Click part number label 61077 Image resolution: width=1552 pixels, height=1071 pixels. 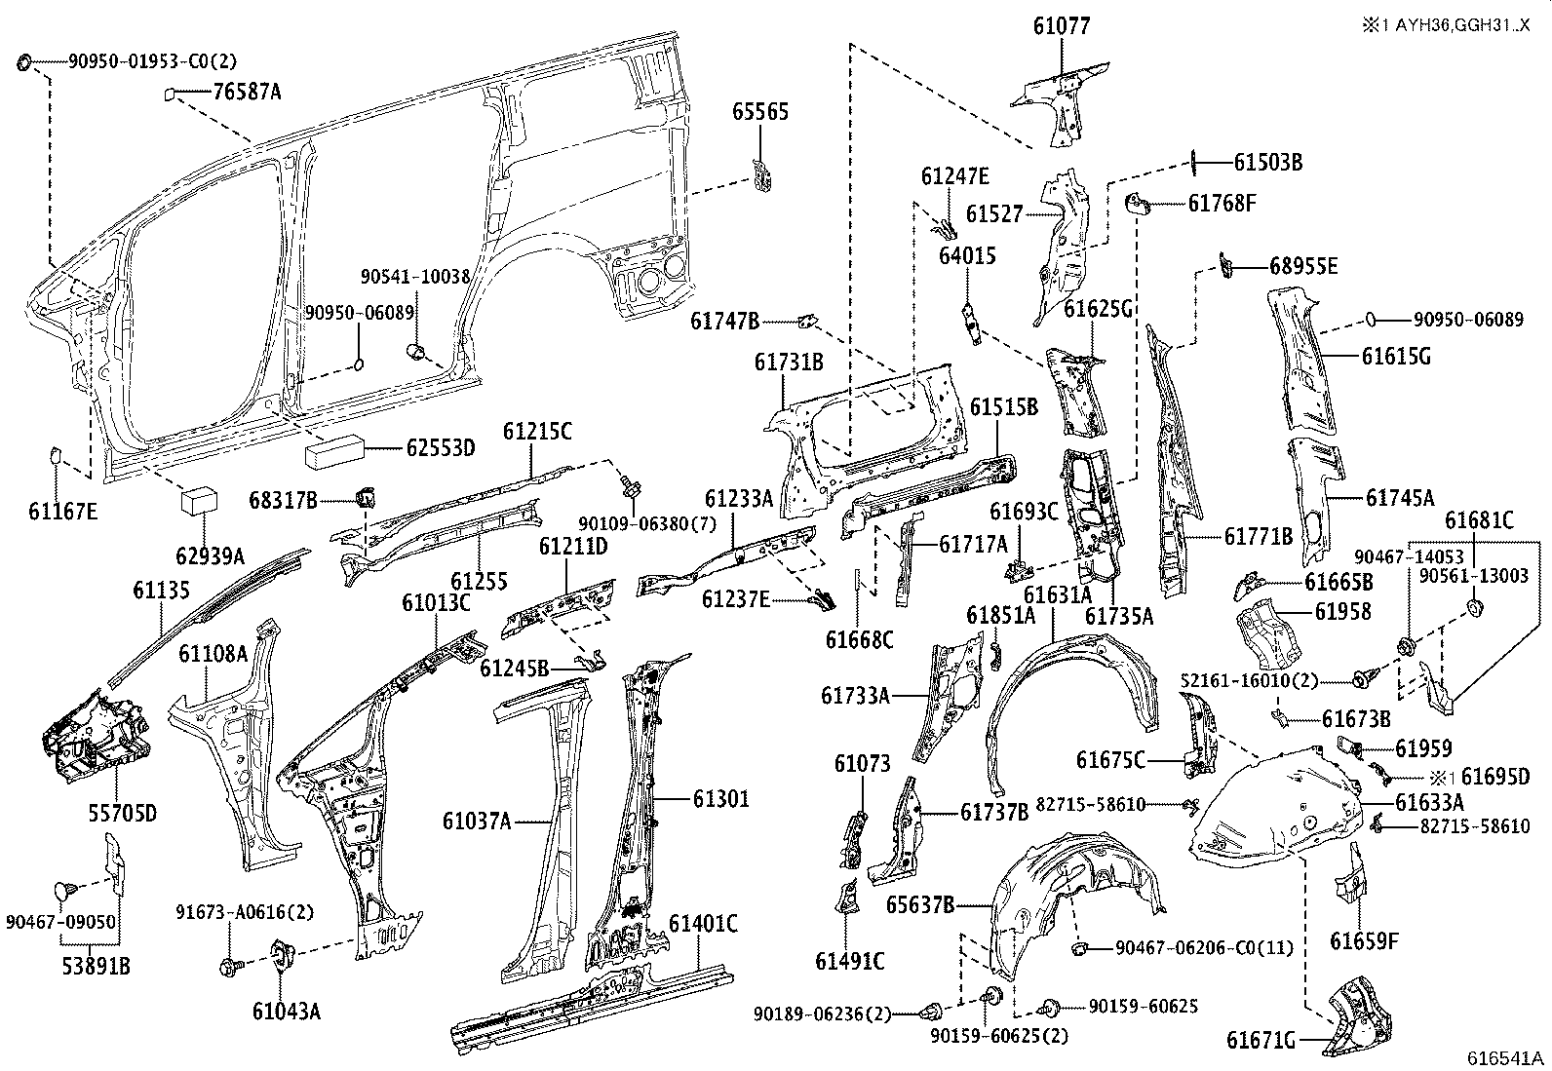click(1062, 25)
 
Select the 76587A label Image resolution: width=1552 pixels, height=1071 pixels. click(247, 93)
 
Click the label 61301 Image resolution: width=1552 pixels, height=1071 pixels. click(721, 799)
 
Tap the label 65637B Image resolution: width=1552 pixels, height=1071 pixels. click(919, 904)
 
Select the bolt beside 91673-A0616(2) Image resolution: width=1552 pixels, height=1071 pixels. click(230, 967)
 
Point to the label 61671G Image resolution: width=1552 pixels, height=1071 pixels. click(1261, 1041)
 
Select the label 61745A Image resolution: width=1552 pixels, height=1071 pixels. click(1399, 498)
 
